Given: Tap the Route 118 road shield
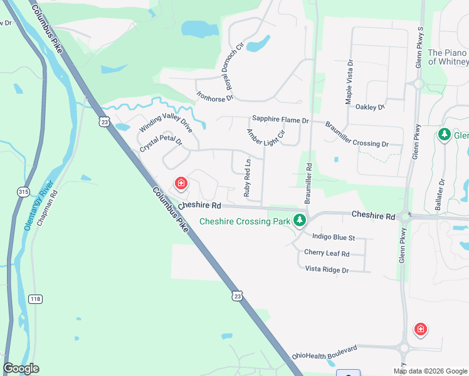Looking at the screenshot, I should [x=36, y=300].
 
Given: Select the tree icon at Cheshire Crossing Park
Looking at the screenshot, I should [x=300, y=220].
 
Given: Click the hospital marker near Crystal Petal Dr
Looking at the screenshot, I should [x=181, y=183].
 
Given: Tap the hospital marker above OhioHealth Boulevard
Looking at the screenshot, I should [x=420, y=328].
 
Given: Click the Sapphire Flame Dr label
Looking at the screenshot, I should [x=280, y=120].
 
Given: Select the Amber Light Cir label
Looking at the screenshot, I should [x=266, y=137].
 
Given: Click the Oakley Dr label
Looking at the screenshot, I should [x=370, y=107].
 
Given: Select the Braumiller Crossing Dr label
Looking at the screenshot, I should [x=356, y=134].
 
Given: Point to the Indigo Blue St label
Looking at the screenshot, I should [x=334, y=238].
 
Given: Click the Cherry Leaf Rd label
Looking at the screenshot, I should [x=326, y=253].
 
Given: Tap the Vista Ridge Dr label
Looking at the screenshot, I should [x=326, y=269].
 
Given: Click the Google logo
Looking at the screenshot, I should [x=21, y=368].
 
